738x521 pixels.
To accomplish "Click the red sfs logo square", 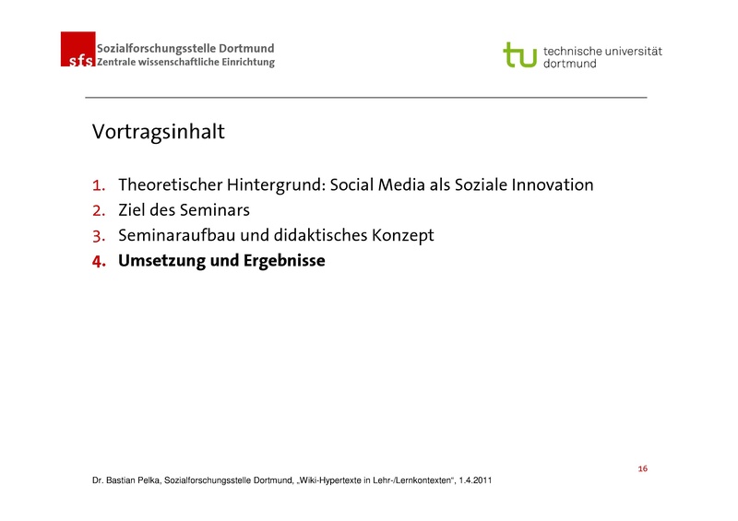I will [x=77, y=49].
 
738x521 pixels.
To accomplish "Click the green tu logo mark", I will [x=519, y=54].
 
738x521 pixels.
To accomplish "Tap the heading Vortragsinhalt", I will [x=158, y=132].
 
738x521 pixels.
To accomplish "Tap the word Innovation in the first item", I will [x=546, y=185].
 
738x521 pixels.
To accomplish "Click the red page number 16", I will [x=642, y=469].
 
